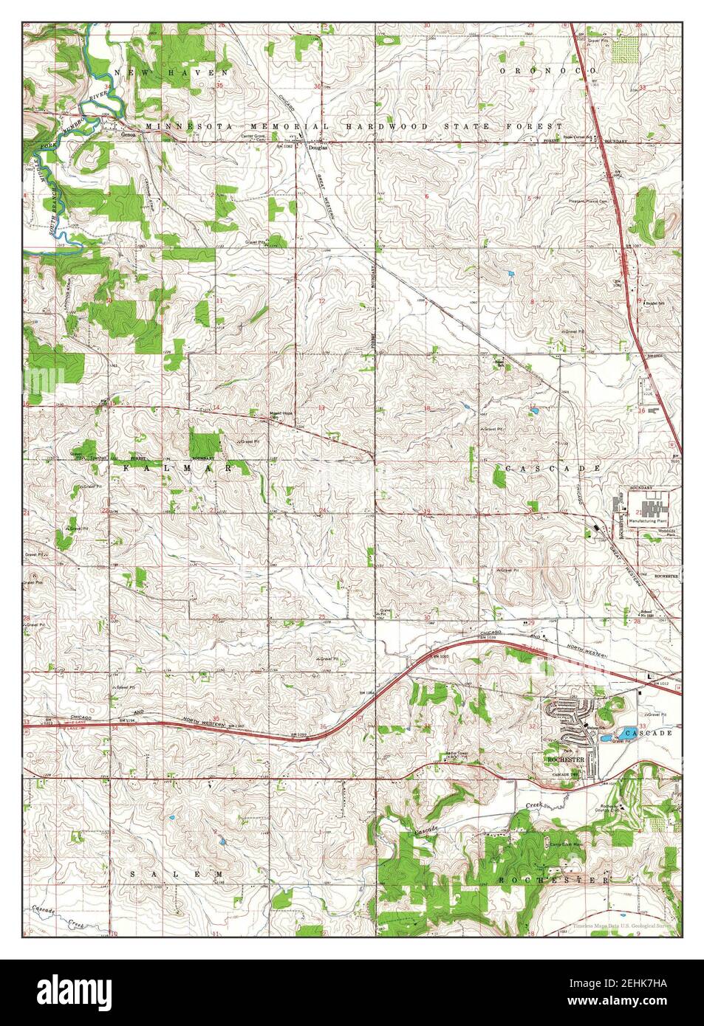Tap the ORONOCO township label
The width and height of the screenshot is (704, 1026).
pos(547,70)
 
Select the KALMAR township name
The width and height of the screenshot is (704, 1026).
pos(177,469)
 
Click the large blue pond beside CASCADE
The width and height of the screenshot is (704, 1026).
pos(606,737)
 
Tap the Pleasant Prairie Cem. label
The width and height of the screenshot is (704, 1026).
pos(597,201)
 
